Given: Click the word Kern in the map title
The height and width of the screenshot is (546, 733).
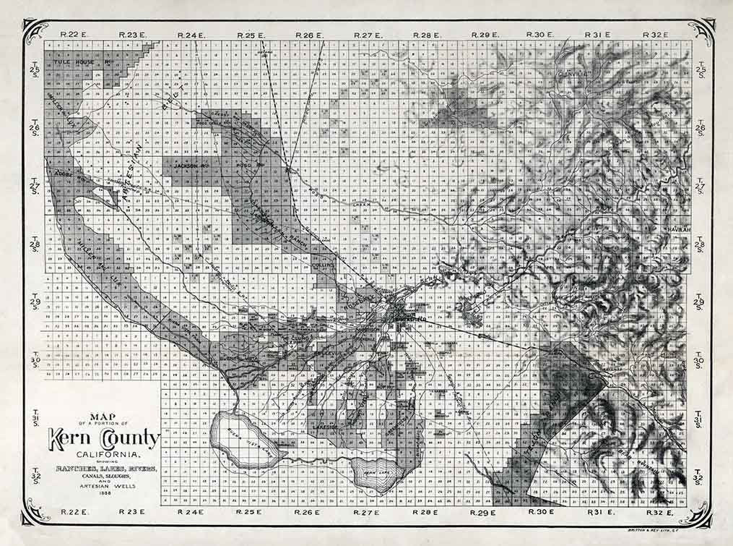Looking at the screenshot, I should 71,438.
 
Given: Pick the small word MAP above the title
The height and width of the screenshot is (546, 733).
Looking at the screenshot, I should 104,415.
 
